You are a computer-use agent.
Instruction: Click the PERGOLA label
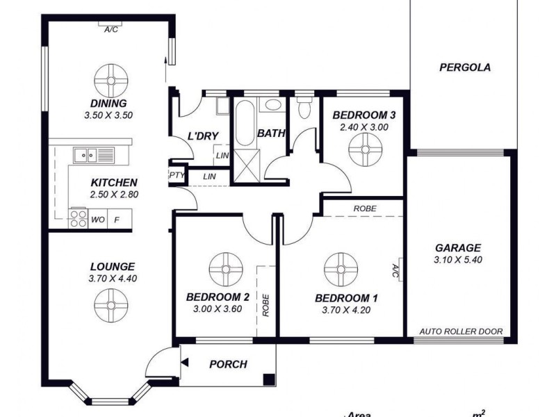point(466,68)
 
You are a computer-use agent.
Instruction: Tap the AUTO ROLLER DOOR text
point(461,332)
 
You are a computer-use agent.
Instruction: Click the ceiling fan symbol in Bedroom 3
point(364,149)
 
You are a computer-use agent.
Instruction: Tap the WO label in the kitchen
point(98,220)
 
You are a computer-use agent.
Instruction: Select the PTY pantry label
point(177,175)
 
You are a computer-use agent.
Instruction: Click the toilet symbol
point(304,110)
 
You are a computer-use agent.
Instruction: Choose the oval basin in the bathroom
point(272,106)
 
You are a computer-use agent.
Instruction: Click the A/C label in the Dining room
point(110,30)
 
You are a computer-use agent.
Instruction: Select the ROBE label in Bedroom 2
point(266,306)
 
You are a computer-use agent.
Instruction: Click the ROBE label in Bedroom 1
point(365,208)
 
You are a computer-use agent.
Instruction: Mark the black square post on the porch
point(268,379)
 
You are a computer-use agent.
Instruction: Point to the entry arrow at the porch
point(186,361)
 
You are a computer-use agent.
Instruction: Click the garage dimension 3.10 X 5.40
point(458,260)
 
